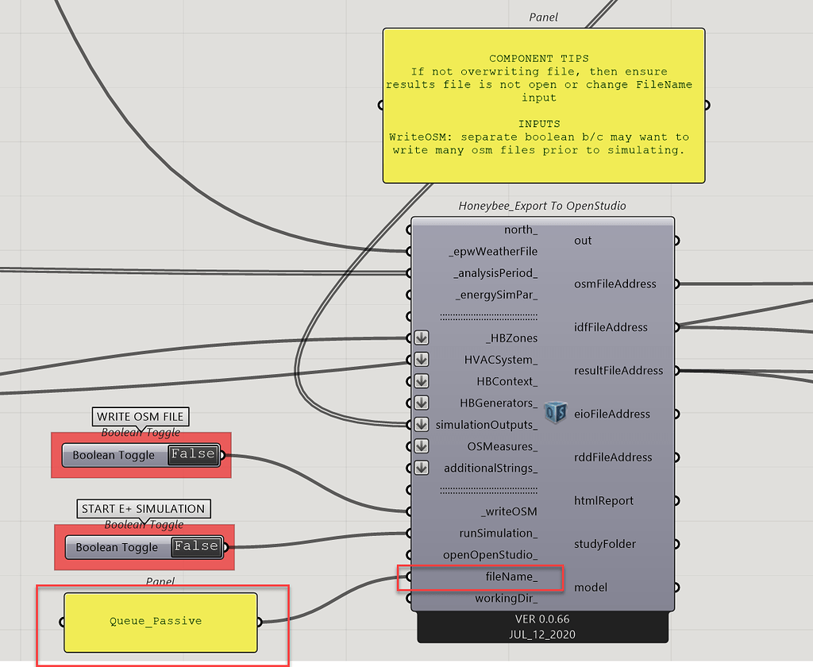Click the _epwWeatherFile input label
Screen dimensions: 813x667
tap(493, 252)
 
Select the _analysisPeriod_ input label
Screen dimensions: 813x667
tap(495, 273)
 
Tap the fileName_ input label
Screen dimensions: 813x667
tap(511, 576)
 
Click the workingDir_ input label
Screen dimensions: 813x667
tap(506, 599)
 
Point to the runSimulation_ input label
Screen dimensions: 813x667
tap(499, 533)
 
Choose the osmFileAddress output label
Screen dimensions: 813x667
tap(615, 284)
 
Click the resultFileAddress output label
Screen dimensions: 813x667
tap(618, 371)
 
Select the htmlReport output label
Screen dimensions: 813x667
tap(603, 501)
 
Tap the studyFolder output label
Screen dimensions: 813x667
tap(604, 544)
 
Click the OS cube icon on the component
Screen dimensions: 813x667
tap(555, 412)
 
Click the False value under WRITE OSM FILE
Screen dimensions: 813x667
tap(194, 454)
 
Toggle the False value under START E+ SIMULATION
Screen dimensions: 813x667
tap(197, 546)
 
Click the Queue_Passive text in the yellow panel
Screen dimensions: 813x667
tap(156, 622)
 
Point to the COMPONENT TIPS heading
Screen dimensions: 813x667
tap(539, 59)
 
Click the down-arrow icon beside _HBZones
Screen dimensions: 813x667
tap(422, 338)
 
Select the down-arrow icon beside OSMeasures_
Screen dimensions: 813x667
tap(422, 446)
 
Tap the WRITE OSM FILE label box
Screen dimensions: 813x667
tap(141, 417)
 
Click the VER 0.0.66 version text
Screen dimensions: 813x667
tap(542, 619)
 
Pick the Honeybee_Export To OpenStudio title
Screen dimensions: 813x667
tap(542, 206)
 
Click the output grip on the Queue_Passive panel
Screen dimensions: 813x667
tap(260, 622)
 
